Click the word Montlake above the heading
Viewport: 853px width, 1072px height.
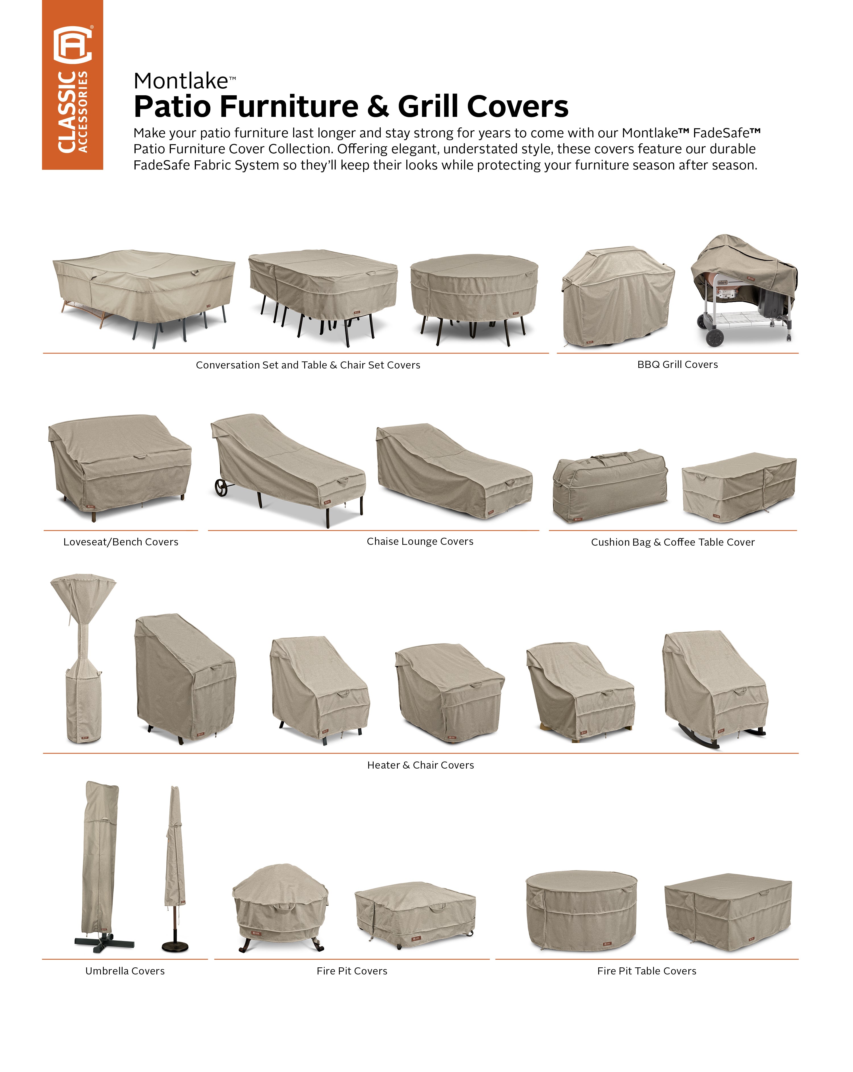point(181,81)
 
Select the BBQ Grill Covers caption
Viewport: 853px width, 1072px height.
point(678,365)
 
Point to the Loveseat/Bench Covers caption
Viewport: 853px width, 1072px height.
point(121,542)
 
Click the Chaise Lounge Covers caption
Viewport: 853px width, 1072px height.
point(420,541)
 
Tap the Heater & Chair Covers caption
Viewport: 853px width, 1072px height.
point(421,765)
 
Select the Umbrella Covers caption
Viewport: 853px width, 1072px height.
point(125,971)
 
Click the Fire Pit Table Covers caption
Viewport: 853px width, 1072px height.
point(647,971)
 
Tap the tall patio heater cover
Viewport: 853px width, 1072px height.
point(84,659)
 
